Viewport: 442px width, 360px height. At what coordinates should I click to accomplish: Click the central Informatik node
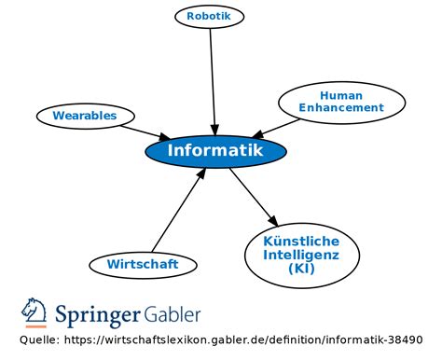(215, 151)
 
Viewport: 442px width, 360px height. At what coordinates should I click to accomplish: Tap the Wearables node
(84, 116)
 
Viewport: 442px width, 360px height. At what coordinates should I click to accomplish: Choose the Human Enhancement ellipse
(340, 102)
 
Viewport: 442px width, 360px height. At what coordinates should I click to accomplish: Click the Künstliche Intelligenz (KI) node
(300, 255)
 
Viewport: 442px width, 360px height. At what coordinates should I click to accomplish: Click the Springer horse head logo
(35, 312)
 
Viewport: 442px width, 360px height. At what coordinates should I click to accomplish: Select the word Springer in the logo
(98, 313)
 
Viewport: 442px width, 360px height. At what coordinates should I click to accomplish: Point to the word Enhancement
(341, 108)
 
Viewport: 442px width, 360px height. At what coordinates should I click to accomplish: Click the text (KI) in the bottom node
(300, 269)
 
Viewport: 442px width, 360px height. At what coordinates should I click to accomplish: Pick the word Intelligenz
(300, 255)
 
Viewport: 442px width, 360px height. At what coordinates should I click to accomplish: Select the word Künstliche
(300, 241)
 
